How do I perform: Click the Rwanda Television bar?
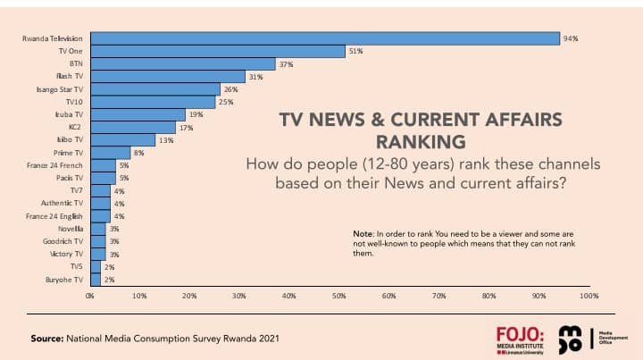(324, 38)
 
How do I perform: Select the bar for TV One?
(217, 51)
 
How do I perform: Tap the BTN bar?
(182, 63)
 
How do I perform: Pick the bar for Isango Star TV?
(154, 89)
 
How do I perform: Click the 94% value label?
(571, 38)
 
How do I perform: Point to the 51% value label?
(355, 51)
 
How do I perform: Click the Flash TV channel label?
(69, 77)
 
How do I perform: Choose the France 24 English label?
(54, 216)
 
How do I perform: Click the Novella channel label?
(69, 229)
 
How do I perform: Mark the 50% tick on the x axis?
(339, 295)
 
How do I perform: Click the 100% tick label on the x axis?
(589, 295)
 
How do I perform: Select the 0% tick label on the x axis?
(89, 295)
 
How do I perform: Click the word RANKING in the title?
(421, 141)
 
